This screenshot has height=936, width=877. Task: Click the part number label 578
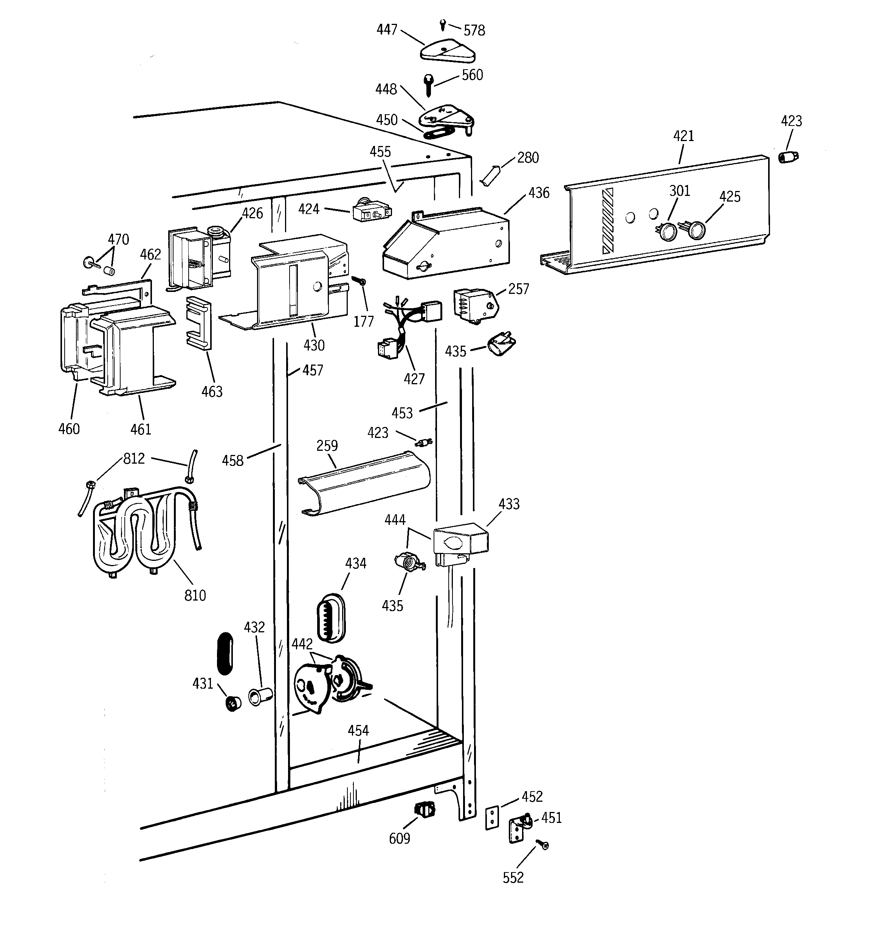click(474, 31)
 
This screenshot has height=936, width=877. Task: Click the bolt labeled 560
click(428, 85)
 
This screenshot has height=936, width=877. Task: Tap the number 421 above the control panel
click(683, 136)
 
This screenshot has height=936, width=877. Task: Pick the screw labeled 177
click(361, 281)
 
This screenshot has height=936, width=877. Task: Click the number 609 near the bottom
click(399, 838)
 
